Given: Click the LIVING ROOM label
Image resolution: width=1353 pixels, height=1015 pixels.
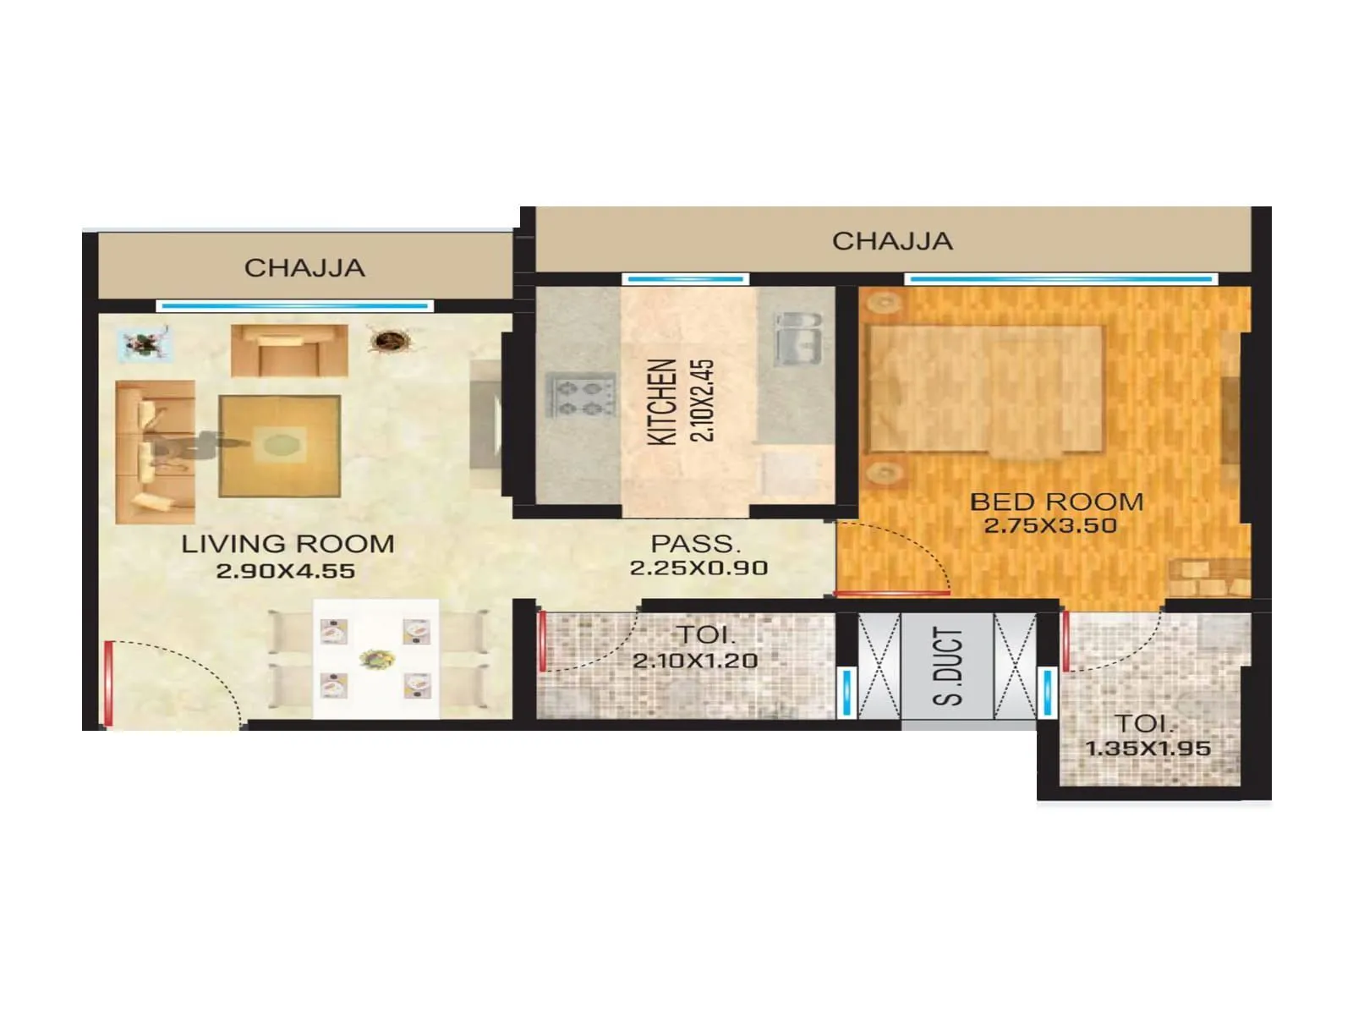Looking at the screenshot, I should coord(288,544).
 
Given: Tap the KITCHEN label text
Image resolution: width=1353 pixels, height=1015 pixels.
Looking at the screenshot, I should coord(662,402).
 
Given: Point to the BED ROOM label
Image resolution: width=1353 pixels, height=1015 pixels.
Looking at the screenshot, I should coord(1056,502).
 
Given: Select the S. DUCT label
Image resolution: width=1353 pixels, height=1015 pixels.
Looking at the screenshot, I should coord(948,667).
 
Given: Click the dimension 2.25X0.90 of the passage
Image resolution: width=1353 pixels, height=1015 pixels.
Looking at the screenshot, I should coord(698,568).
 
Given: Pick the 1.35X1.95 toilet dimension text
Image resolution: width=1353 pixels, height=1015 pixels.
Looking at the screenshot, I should coord(1148,749).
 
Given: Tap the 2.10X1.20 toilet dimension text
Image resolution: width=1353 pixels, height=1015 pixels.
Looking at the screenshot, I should coord(695,661).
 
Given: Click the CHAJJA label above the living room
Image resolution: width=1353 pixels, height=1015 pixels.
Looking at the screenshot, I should coord(304,268).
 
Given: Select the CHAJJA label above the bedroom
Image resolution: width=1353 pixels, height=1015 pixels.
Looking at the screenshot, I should coord(892,241).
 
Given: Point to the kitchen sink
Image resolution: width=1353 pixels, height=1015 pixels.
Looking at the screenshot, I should coord(797,337).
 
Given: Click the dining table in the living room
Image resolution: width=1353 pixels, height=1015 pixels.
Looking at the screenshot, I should coord(376,658).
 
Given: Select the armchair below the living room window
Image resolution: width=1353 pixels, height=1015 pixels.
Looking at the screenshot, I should coord(289,349).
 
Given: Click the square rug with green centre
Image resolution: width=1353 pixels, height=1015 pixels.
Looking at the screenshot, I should coord(280,445).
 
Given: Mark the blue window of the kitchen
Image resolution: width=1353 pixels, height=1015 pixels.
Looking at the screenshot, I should coord(685,278).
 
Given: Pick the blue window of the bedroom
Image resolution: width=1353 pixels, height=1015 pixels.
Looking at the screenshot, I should coord(1061,278).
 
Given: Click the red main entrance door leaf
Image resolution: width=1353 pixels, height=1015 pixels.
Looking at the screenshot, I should coord(107,683).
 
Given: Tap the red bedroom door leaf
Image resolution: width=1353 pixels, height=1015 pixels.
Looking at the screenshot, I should coord(892,593).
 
